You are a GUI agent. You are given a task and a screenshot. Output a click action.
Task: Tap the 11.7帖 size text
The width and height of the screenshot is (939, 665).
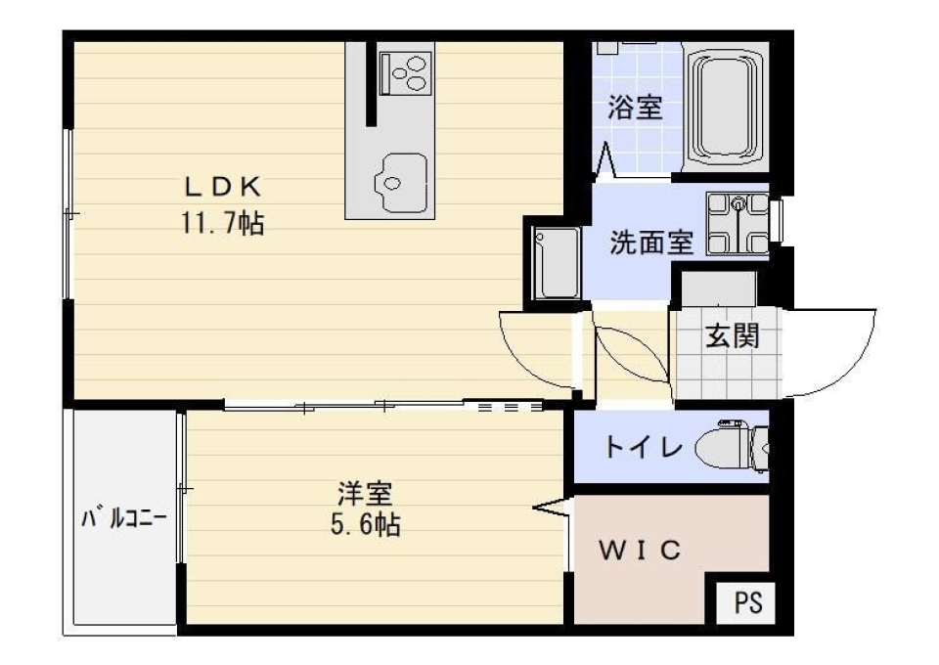[x=221, y=224]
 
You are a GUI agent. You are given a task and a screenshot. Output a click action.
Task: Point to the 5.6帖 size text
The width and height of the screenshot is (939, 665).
[x=364, y=525]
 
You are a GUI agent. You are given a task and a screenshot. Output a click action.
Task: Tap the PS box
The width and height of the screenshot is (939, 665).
[x=748, y=601]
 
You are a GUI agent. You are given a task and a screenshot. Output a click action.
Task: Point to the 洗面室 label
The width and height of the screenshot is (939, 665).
[x=651, y=243]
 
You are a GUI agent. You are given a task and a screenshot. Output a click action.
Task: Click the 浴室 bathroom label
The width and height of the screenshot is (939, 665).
[x=635, y=107]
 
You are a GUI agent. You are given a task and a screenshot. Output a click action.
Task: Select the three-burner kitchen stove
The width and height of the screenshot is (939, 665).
[x=406, y=71]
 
